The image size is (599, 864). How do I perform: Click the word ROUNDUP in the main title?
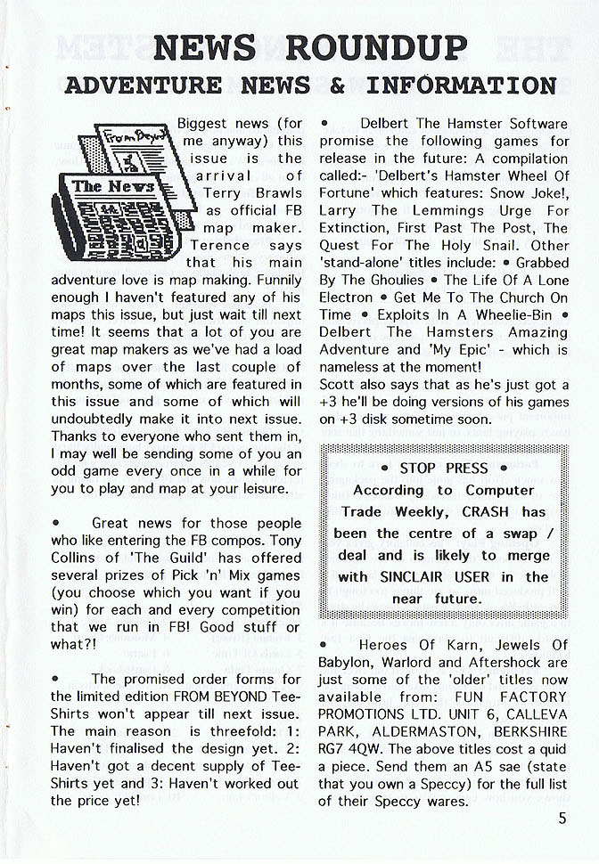click(x=378, y=47)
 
